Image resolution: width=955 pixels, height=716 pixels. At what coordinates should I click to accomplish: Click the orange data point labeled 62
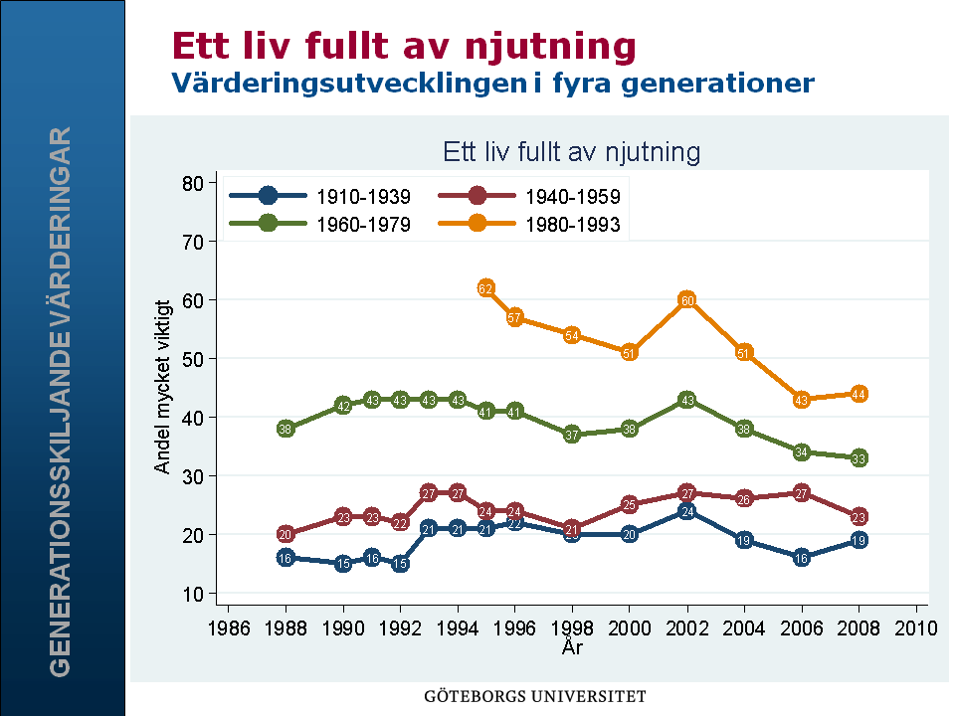point(486,288)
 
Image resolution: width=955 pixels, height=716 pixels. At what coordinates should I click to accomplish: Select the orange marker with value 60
point(686,300)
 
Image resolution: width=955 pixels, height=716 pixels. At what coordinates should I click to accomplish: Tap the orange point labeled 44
point(859,394)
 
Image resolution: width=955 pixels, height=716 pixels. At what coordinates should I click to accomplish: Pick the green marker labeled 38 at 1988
point(286,430)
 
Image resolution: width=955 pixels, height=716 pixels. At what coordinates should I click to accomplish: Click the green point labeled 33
point(859,458)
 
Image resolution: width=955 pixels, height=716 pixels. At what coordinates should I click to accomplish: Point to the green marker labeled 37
point(572,435)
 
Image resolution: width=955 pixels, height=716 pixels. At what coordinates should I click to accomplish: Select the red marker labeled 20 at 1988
point(286,534)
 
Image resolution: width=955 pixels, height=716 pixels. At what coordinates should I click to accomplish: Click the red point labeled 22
point(401,523)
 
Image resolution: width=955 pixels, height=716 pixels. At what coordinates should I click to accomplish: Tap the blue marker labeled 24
point(686,511)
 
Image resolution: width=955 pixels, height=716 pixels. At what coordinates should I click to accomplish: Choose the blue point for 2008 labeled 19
point(859,540)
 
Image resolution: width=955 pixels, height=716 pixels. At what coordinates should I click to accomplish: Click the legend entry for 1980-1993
point(572,225)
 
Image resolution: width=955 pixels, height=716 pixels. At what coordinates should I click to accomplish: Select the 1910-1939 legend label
point(363,197)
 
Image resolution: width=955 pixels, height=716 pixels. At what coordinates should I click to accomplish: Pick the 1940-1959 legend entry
point(572,197)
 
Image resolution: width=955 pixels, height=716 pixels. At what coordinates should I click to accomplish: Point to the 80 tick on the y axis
point(192,183)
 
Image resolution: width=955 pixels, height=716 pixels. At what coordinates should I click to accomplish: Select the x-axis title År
point(572,647)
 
